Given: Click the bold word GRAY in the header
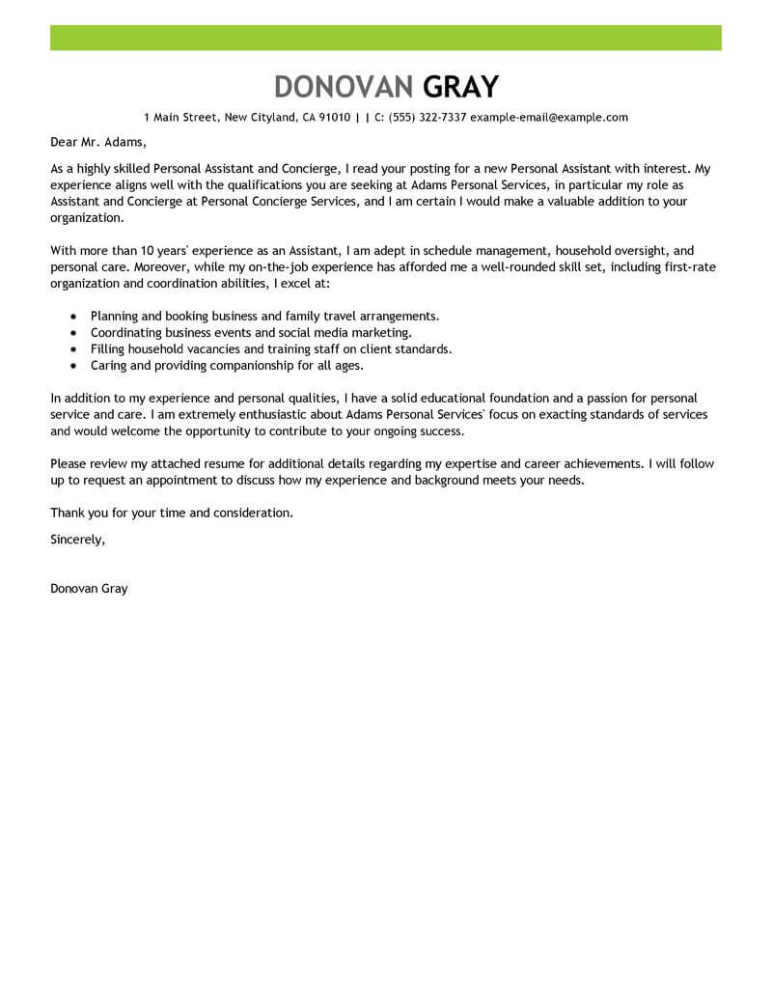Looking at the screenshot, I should click(461, 86).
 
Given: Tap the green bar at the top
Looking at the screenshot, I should click(386, 38).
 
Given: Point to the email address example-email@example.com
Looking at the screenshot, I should click(549, 118).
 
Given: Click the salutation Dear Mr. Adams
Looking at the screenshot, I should click(95, 143).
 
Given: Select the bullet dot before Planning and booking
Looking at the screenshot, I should click(73, 316).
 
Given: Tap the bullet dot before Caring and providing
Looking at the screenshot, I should click(73, 366).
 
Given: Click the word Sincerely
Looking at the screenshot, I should click(77, 539).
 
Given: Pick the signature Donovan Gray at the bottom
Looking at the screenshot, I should click(89, 589).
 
